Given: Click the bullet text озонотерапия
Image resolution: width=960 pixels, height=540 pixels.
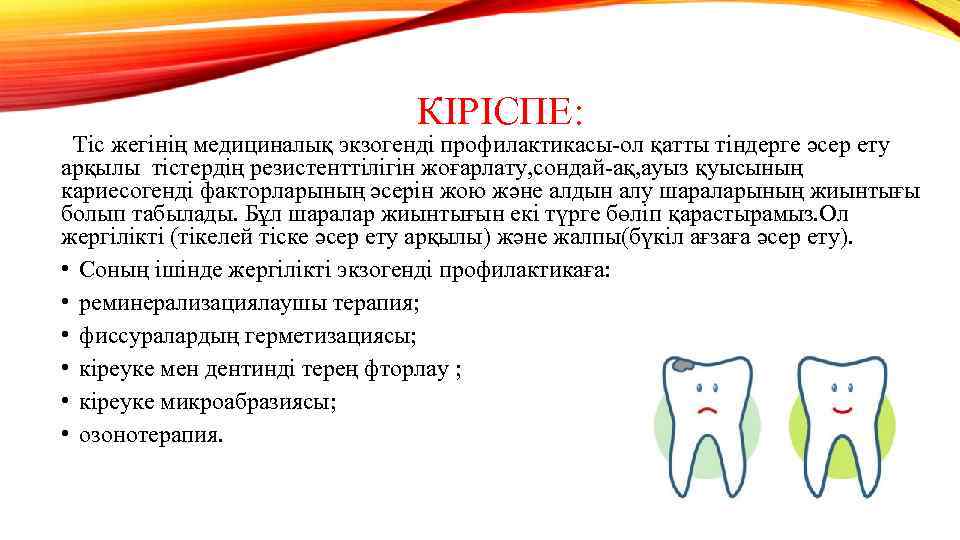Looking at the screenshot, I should coord(152,435).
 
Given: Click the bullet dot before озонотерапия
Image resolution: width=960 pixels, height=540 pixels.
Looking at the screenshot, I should coord(65,435).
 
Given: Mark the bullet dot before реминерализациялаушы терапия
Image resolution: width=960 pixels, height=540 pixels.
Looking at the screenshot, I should coord(65,303).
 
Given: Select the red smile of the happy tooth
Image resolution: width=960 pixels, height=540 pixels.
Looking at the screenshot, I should coord(841,410).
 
